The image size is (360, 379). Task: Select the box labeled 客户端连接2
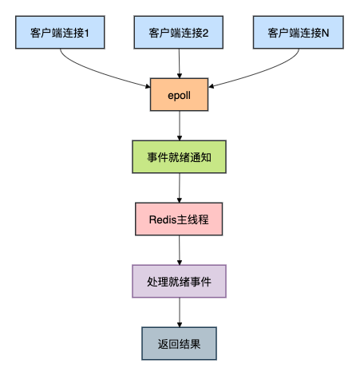tap(180, 34)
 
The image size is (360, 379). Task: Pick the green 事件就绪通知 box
tap(180, 157)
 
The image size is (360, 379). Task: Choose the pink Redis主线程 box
tap(180, 219)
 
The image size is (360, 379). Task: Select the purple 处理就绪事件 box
tap(180, 281)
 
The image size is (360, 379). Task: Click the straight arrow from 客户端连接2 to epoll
tap(180, 64)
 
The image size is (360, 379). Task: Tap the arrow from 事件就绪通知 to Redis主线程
tap(180, 188)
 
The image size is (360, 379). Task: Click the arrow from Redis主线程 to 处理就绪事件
tap(180, 250)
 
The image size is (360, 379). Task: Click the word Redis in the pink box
tap(165, 219)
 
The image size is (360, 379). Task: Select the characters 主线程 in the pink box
tap(195, 219)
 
